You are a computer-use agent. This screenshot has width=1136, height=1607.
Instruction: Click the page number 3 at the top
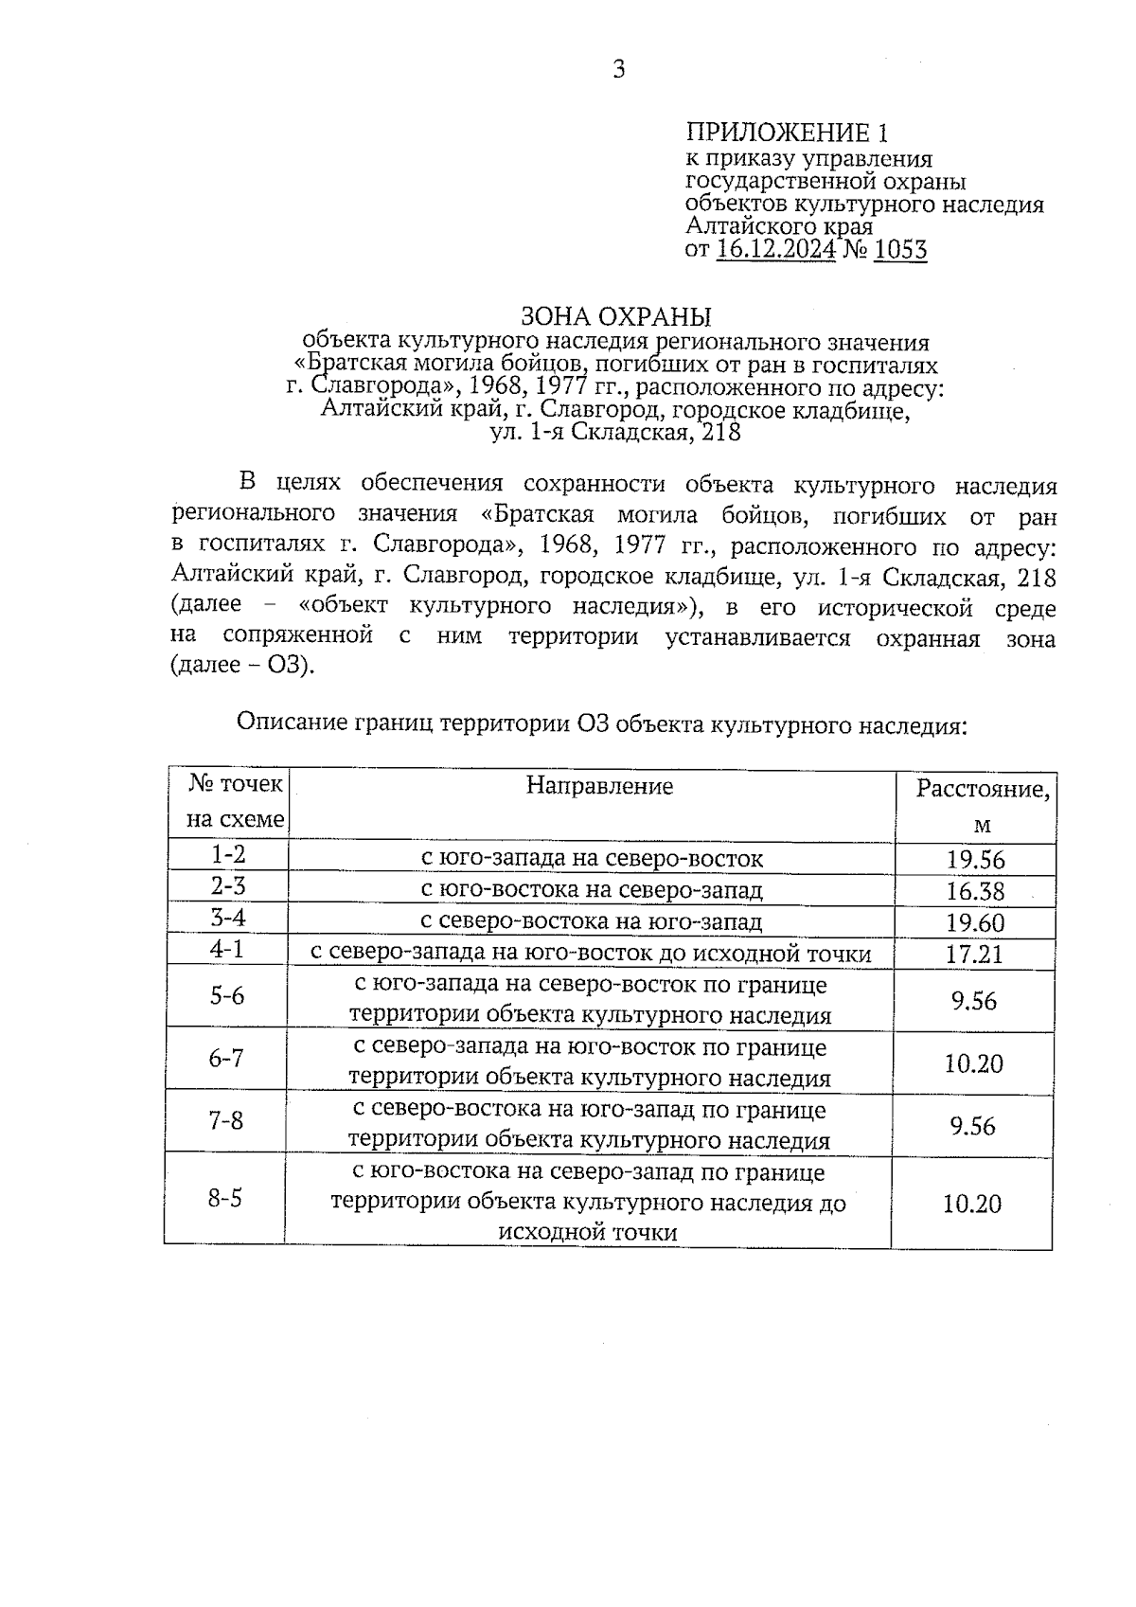pos(618,68)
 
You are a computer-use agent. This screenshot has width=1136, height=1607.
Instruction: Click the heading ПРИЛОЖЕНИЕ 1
pos(788,133)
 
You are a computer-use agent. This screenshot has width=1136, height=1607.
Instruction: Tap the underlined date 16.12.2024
pos(776,250)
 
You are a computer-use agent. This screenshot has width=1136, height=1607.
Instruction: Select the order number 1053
pos(900,250)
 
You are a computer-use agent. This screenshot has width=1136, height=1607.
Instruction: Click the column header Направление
pos(599,785)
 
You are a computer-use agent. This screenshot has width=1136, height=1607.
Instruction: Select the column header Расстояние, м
pos(982,805)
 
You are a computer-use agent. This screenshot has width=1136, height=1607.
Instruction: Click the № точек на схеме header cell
pos(234,802)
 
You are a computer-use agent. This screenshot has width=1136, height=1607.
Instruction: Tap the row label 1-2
pos(228,855)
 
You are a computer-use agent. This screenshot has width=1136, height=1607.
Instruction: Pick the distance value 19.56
pos(975,860)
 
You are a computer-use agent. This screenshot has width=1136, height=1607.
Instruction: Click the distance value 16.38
pos(975,891)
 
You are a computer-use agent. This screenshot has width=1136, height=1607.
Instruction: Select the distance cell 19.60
pos(975,922)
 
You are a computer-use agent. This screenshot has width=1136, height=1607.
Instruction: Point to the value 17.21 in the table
pos(974,954)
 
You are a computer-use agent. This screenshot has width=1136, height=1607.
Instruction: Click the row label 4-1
pos(227,949)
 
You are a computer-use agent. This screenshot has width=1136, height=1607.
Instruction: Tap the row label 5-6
pos(226,996)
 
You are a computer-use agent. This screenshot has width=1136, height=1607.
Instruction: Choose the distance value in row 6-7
pos(973,1063)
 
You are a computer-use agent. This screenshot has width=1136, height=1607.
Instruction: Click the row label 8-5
pos(225,1199)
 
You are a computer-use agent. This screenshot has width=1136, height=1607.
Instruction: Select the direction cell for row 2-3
pos(592,890)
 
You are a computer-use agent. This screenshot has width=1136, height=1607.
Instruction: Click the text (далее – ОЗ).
pos(241,666)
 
